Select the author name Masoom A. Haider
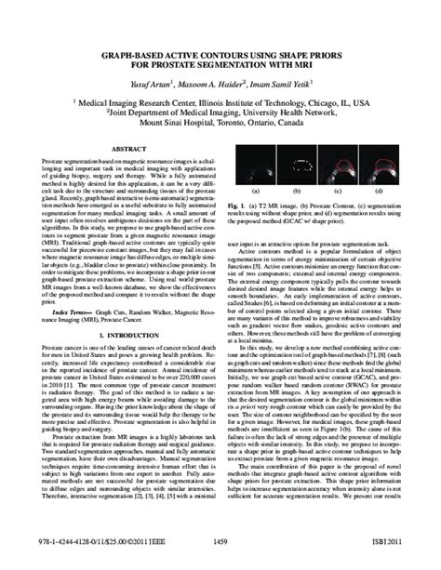click(220, 83)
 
